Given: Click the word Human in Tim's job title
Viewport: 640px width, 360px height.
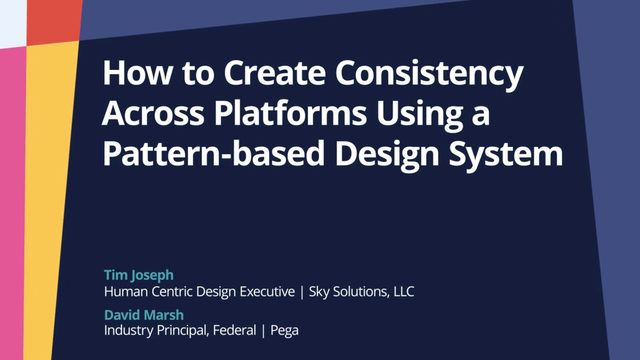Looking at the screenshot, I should pyautogui.click(x=128, y=292).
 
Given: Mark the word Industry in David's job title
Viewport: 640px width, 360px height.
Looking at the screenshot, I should pyautogui.click(x=132, y=329).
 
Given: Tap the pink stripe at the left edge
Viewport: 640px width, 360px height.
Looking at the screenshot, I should pyautogui.click(x=11, y=200).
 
